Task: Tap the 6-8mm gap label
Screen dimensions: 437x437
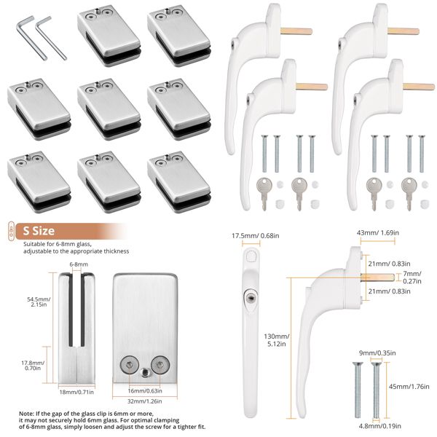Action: pyautogui.click(x=79, y=264)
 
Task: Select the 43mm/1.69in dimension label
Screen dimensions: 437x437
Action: pyautogui.click(x=375, y=233)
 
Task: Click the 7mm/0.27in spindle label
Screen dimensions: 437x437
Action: pyautogui.click(x=412, y=277)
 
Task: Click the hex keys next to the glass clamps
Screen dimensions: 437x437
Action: pyautogui.click(x=34, y=38)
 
